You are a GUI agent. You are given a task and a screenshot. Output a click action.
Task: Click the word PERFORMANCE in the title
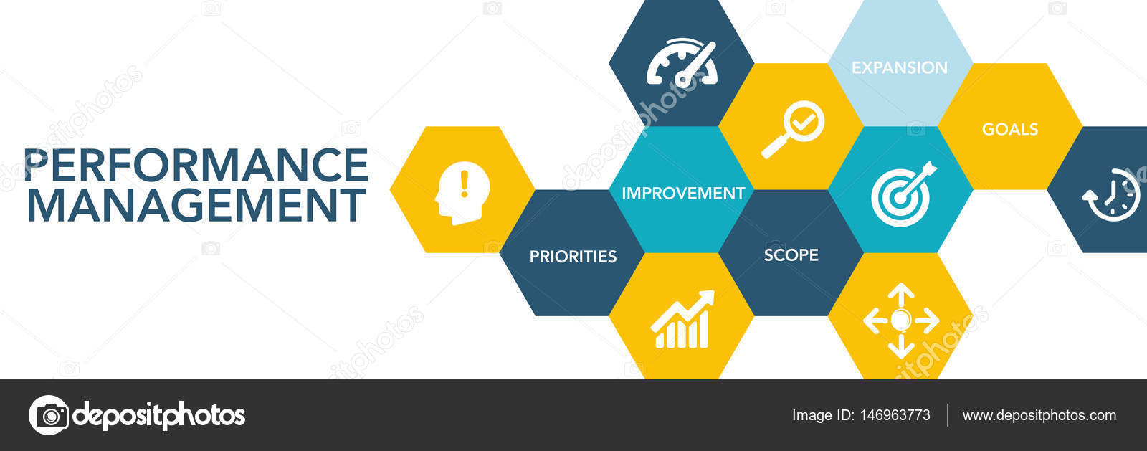(x=196, y=165)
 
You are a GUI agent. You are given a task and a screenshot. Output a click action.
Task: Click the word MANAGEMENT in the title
(x=196, y=205)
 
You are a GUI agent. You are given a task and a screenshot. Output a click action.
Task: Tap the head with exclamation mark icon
(x=462, y=192)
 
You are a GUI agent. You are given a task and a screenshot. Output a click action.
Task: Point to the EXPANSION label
(x=900, y=67)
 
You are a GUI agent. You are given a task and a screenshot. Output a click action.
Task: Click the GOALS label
(x=1010, y=129)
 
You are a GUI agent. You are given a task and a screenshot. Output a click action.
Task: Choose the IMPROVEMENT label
(x=683, y=193)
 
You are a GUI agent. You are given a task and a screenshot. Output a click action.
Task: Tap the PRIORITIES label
(x=573, y=256)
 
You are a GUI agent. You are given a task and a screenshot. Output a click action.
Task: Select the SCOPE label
(x=791, y=255)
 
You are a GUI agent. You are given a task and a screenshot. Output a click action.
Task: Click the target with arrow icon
(x=903, y=193)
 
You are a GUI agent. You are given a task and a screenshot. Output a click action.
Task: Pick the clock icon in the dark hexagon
(x=1112, y=194)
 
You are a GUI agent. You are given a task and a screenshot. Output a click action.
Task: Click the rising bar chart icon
(x=682, y=320)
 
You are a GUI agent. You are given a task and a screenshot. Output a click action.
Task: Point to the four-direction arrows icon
(x=901, y=320)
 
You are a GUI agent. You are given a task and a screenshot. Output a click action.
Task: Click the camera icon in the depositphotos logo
(x=49, y=414)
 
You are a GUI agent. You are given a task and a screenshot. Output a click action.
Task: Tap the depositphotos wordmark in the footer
(x=159, y=414)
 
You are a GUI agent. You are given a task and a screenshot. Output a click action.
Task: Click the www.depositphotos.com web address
(x=1039, y=415)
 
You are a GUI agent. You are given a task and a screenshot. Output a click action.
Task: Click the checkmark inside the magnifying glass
(x=804, y=121)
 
